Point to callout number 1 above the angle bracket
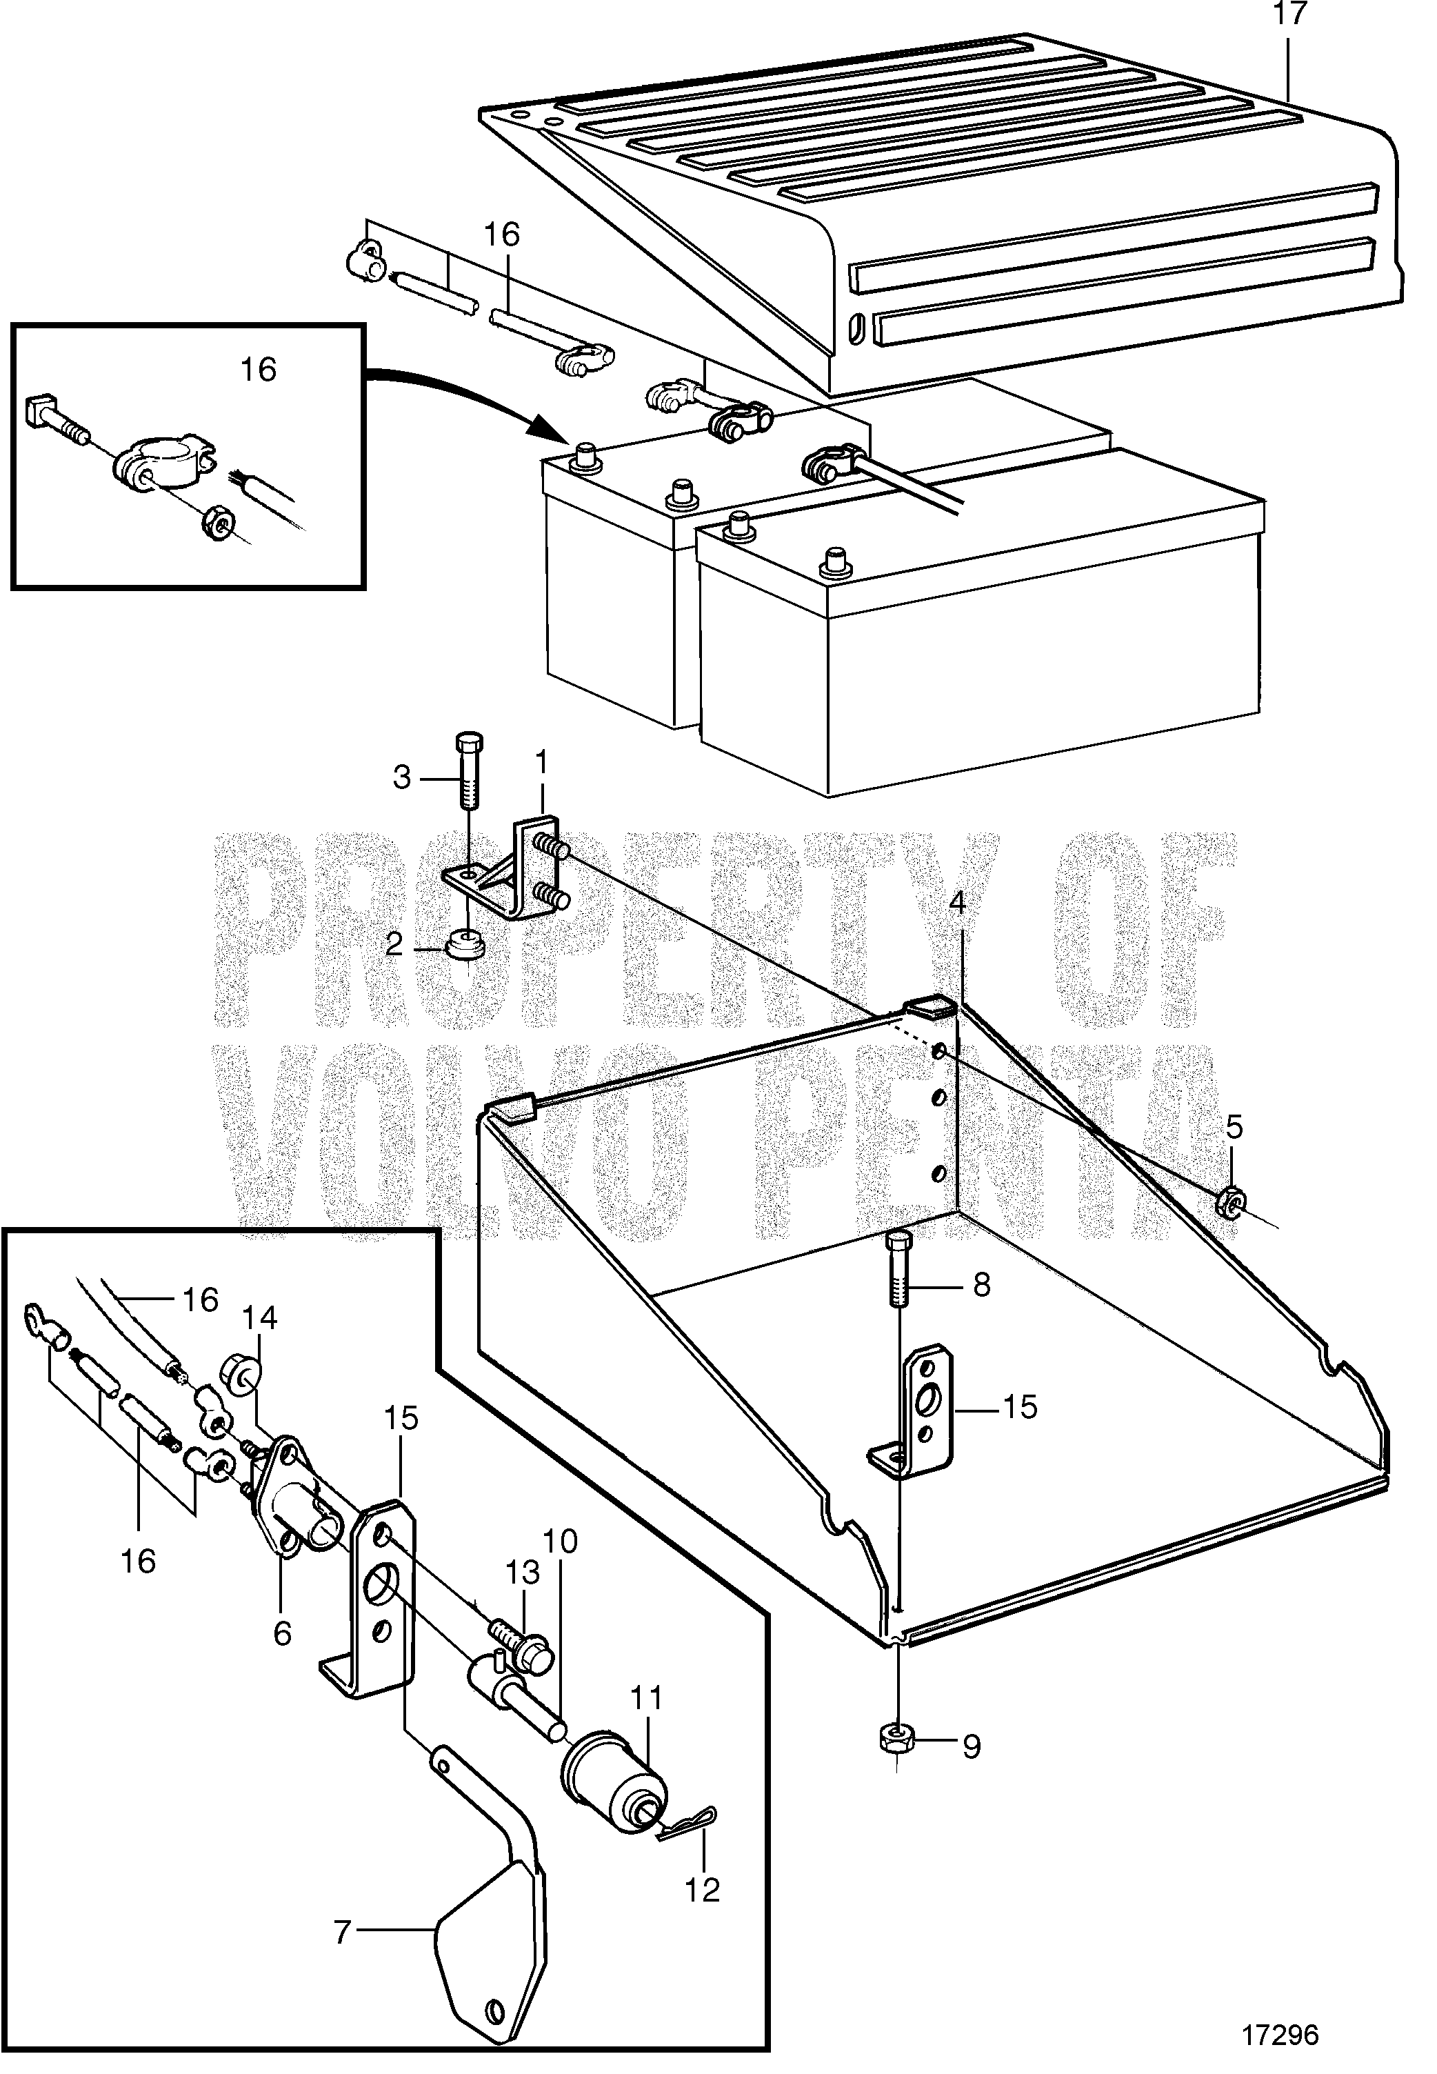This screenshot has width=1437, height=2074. point(541,764)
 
